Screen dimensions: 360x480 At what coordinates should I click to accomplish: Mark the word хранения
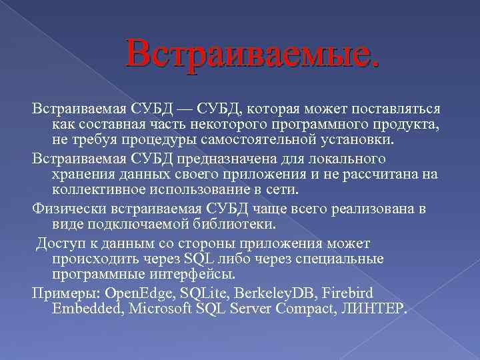coord(83,175)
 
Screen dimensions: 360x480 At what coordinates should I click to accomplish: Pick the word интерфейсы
coord(190,274)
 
